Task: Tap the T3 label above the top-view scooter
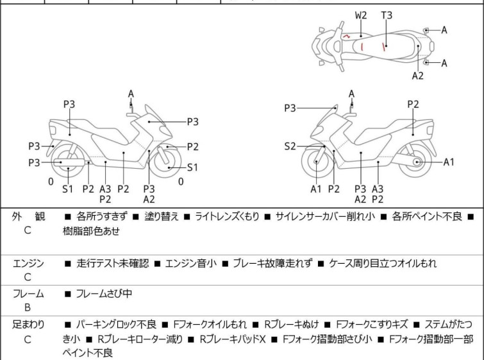click(x=387, y=14)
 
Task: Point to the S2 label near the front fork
click(x=290, y=146)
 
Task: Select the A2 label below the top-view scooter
click(x=418, y=75)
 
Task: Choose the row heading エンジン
click(x=28, y=263)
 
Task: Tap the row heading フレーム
click(x=28, y=294)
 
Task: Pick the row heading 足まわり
click(x=28, y=325)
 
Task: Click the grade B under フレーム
click(x=28, y=308)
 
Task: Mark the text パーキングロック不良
click(x=116, y=325)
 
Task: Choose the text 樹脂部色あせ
click(x=91, y=231)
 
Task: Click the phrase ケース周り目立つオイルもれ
click(x=383, y=263)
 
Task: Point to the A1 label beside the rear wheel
click(x=449, y=162)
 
